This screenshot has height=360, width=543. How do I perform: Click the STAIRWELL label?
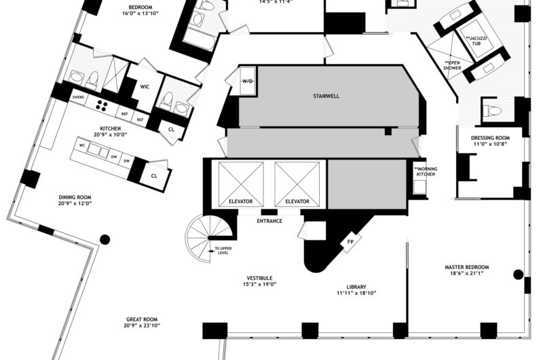pyautogui.click(x=326, y=96)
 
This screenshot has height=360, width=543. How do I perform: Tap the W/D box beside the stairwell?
pyautogui.click(x=248, y=82)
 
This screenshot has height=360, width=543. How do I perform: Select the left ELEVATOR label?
pyautogui.click(x=241, y=202)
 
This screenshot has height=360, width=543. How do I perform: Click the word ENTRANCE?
pyautogui.click(x=269, y=221)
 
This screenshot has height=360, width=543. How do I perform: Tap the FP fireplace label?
pyautogui.click(x=350, y=242)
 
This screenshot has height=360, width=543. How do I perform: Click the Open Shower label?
pyautogui.click(x=453, y=65)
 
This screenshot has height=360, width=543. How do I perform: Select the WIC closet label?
pyautogui.click(x=145, y=86)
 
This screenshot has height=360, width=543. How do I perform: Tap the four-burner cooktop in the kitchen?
pyautogui.click(x=103, y=105)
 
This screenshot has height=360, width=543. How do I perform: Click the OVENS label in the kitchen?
pyautogui.click(x=78, y=98)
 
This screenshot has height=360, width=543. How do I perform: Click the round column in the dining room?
pyautogui.click(x=105, y=239)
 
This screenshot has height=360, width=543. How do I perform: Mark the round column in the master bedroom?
pyautogui.click(x=519, y=275)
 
